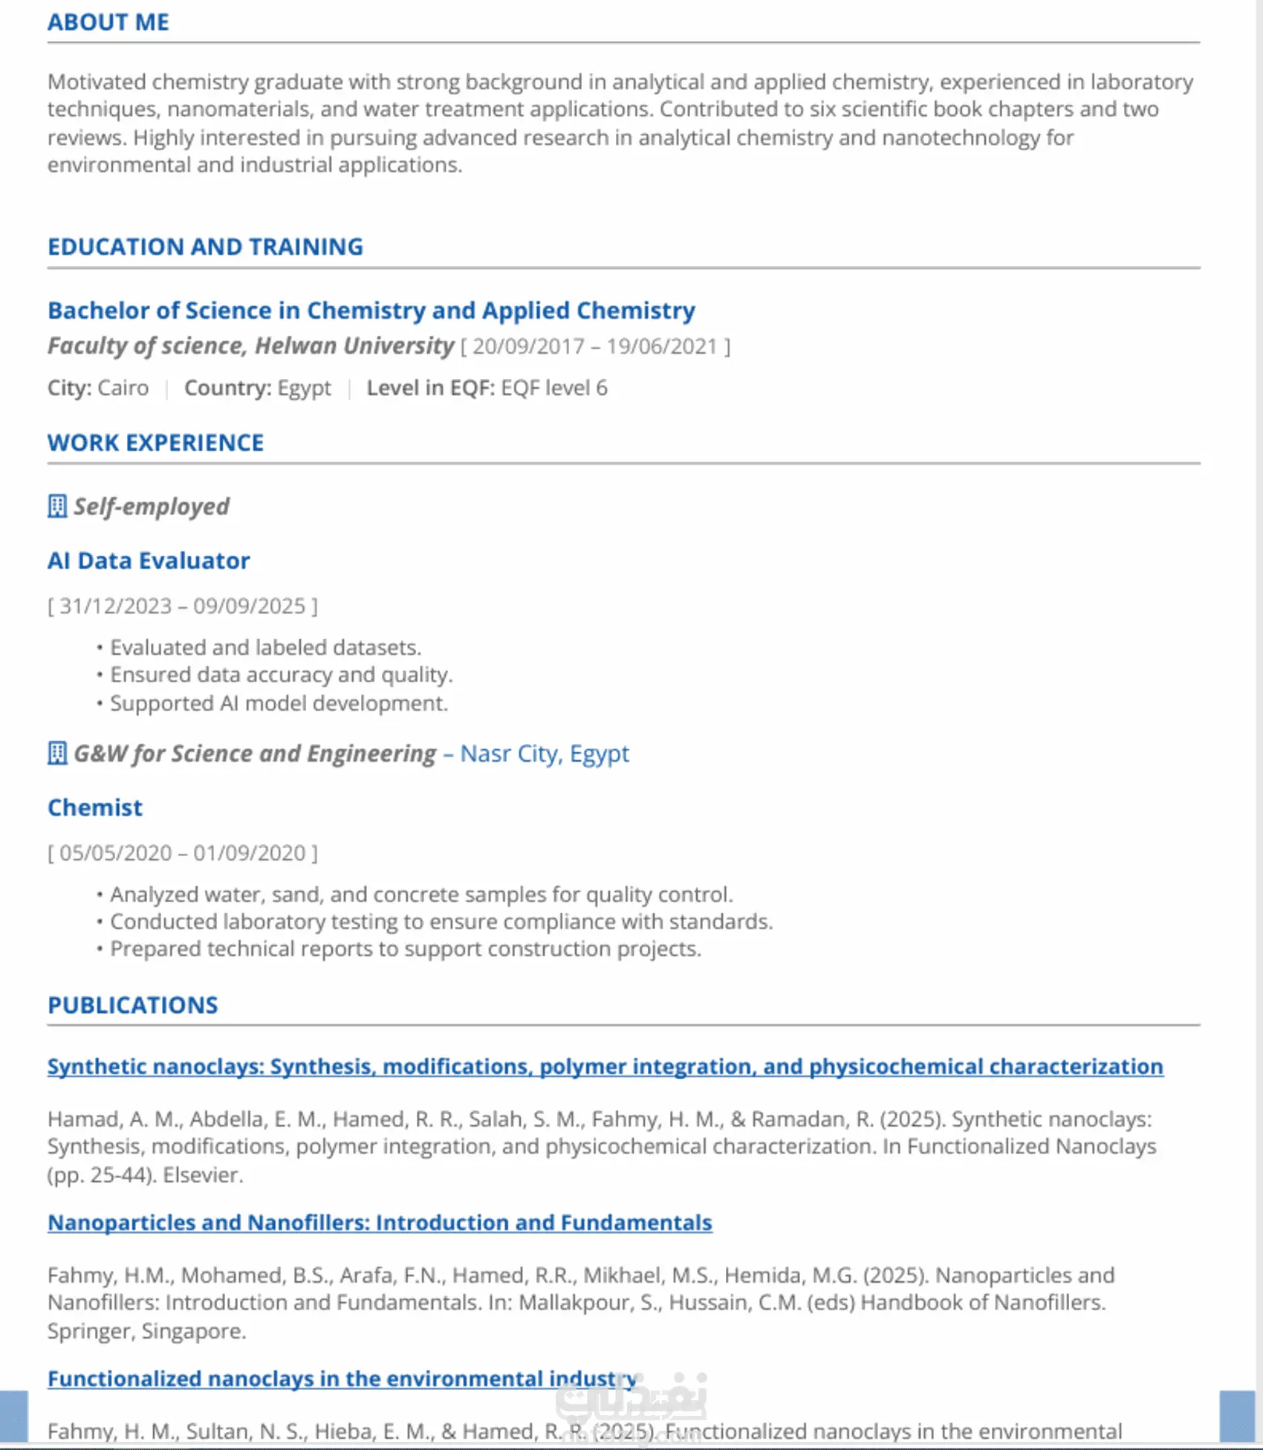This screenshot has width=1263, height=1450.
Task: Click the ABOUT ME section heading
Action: [108, 22]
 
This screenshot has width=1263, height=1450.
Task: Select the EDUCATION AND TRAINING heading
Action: [205, 247]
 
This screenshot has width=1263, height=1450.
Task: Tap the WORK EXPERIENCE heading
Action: [155, 443]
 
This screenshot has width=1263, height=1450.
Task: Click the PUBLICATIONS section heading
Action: [133, 1005]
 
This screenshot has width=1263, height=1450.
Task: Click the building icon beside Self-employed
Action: [57, 507]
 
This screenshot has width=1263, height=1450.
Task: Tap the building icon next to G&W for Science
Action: [57, 754]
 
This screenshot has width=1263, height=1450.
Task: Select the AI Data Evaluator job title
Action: [149, 560]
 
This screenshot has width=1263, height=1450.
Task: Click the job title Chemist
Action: [95, 808]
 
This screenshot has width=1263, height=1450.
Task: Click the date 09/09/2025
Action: [250, 606]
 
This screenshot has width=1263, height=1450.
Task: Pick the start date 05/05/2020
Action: [115, 853]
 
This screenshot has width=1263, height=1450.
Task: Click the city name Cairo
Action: [123, 388]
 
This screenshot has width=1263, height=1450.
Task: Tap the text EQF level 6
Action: [554, 388]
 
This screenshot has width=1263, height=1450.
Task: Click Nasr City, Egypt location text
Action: [545, 754]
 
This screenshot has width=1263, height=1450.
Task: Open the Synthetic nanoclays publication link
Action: [605, 1067]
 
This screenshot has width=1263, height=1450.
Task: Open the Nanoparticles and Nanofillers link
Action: [380, 1223]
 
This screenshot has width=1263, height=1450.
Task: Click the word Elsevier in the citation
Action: [202, 1175]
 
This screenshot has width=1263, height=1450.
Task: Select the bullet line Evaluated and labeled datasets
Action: [265, 647]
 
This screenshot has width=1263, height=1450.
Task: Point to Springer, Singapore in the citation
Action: [146, 1331]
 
